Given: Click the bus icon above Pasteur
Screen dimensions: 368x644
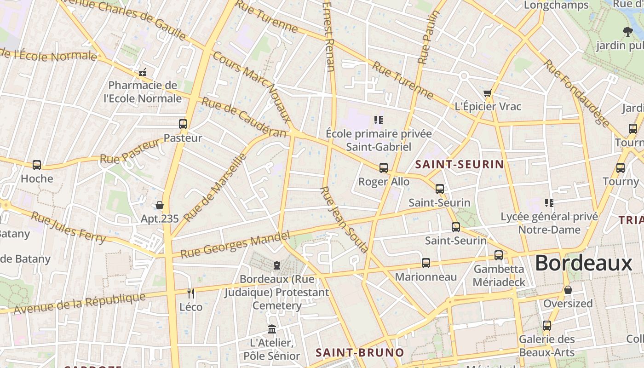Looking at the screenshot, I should tap(183, 124).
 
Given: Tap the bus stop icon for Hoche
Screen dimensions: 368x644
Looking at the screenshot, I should tap(37, 165).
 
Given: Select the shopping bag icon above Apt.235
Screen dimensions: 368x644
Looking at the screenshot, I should tap(160, 205).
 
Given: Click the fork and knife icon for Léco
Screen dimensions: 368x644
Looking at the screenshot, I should tap(191, 293).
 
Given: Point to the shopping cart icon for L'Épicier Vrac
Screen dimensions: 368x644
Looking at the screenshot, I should tap(488, 93).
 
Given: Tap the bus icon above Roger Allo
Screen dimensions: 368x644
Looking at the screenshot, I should tap(384, 168).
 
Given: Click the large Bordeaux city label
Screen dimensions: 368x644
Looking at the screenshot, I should tap(584, 264).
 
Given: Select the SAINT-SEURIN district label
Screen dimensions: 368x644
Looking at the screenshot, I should tap(460, 164).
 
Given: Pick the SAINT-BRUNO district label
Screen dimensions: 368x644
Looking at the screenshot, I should tap(360, 353).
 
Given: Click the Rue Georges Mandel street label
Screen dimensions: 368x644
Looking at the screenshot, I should tap(235, 245).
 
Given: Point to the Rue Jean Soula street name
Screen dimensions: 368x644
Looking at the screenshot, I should tap(345, 220).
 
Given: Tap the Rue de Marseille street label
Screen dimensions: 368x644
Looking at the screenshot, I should tap(215, 188).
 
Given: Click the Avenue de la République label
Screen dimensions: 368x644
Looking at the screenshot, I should tap(80, 304).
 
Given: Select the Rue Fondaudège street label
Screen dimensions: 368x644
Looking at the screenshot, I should tap(577, 93).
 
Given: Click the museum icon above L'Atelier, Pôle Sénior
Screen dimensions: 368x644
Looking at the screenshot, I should tap(272, 329).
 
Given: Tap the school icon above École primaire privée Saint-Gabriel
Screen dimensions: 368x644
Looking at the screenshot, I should tap(379, 121).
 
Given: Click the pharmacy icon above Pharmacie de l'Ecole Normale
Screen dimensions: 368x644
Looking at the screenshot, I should tap(143, 72).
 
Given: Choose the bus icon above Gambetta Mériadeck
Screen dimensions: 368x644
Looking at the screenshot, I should tap(499, 255).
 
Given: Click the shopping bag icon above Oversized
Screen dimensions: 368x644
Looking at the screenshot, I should tap(568, 290).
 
